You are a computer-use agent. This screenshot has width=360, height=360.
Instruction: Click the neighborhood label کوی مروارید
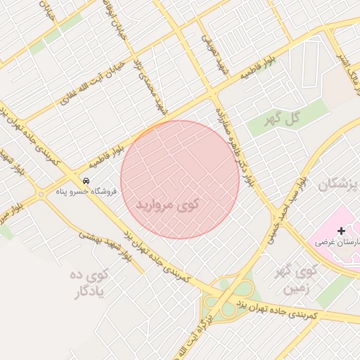[x=167, y=204]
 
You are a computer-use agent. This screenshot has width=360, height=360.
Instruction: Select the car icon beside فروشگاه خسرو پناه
[x=85, y=179]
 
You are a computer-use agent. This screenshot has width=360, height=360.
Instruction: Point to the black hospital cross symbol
[x=342, y=231]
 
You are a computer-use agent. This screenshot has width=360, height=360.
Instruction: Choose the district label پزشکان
[x=337, y=184]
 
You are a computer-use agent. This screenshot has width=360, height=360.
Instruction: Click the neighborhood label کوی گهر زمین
[x=293, y=279]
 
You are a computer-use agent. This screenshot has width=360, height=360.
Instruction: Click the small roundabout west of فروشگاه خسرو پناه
[x=41, y=193]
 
